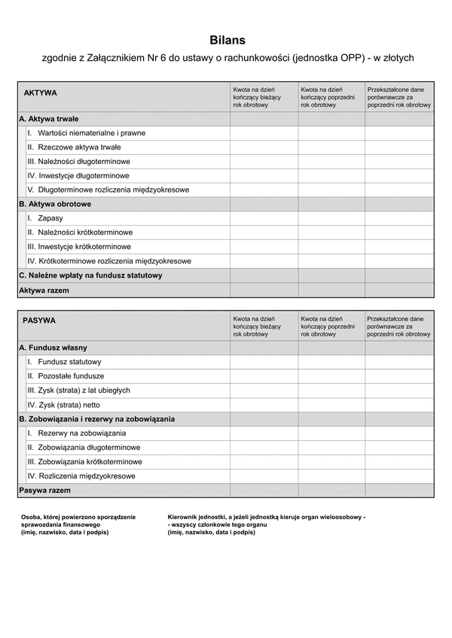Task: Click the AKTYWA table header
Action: click(x=41, y=93)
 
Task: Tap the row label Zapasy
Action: click(x=50, y=218)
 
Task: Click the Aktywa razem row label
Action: click(x=44, y=290)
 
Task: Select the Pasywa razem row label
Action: click(x=44, y=490)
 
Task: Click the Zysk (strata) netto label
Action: click(x=69, y=405)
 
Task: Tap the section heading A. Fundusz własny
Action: click(x=53, y=348)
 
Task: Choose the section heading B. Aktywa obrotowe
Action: click(x=55, y=204)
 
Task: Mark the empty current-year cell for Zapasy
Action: click(x=264, y=218)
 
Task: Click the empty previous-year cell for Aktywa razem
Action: click(x=331, y=290)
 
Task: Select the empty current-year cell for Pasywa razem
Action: click(x=264, y=490)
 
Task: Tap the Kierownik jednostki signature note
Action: click(x=266, y=524)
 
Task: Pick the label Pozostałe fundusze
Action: click(x=71, y=376)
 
